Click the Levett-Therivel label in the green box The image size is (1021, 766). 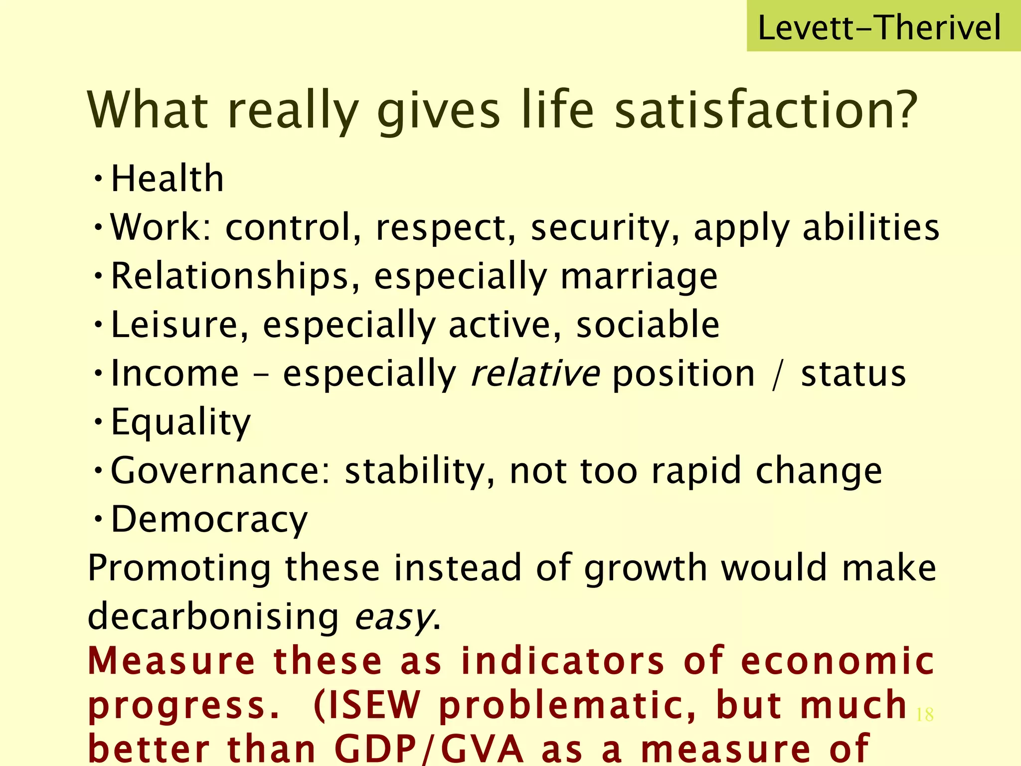(879, 27)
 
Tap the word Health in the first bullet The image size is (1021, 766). (167, 179)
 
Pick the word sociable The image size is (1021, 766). (648, 325)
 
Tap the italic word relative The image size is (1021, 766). (535, 374)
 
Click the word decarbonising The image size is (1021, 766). (213, 616)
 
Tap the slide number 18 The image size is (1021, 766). (925, 715)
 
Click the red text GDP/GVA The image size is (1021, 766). (429, 749)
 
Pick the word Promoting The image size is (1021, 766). (179, 568)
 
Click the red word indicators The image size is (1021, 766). (563, 661)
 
